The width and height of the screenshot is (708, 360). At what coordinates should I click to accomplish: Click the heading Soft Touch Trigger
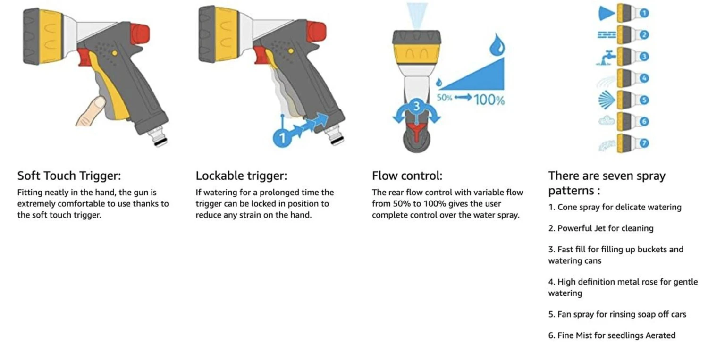click(69, 176)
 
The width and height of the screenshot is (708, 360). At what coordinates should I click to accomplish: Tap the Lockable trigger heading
click(241, 176)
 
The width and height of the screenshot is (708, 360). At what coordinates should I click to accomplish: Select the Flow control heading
click(407, 176)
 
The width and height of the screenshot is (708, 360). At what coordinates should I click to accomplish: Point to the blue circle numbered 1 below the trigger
click(282, 138)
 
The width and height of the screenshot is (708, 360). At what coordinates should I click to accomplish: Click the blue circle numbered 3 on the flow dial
click(416, 107)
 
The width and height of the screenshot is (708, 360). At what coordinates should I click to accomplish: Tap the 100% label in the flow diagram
click(489, 100)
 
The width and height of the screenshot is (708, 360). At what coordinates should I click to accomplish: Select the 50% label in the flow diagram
click(444, 98)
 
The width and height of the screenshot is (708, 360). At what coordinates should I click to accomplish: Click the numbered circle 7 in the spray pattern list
click(644, 143)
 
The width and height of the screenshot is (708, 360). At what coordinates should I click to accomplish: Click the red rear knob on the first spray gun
click(140, 33)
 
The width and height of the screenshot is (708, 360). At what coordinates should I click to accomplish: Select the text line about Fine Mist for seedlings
click(612, 335)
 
